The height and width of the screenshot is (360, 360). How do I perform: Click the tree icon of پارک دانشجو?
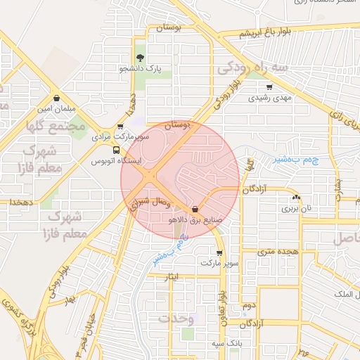coord(139,58)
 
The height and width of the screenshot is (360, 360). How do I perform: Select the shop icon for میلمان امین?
coord(56,98)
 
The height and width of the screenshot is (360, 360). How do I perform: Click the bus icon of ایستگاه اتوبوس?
coord(116,150)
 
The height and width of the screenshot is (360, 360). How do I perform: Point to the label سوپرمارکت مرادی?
coord(120,137)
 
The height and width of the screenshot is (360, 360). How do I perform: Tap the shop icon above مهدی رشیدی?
coord(269,87)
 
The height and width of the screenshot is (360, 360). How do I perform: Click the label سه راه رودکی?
coord(253,67)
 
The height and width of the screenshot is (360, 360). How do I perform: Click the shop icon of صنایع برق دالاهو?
coord(195,209)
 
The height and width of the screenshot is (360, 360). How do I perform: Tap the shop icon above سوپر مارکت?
coord(219,252)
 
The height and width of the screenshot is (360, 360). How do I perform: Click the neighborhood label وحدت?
coord(176,318)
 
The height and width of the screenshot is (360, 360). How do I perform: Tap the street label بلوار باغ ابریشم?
coord(265,33)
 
